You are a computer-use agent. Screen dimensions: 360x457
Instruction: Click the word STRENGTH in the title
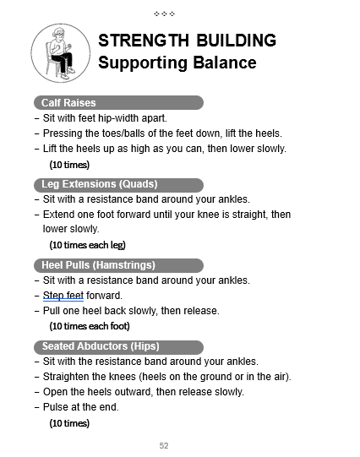click(142, 41)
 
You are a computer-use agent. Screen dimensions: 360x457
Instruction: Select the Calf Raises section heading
click(69, 103)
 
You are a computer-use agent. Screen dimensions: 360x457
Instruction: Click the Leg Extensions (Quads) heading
click(100, 184)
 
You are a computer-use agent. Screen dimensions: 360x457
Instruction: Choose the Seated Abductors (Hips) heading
click(101, 346)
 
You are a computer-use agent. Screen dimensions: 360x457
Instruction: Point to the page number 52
click(164, 445)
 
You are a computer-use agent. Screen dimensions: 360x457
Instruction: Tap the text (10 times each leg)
click(87, 245)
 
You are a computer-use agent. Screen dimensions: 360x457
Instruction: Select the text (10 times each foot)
click(89, 326)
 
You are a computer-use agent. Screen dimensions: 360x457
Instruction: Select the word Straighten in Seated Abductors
click(67, 377)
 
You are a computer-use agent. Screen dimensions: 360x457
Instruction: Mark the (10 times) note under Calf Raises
click(69, 165)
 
